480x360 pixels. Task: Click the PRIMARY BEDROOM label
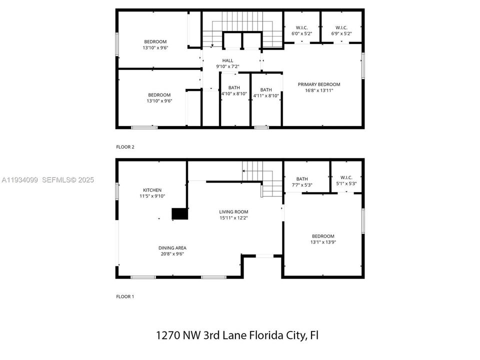click(x=319, y=84)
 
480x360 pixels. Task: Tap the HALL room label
click(x=227, y=60)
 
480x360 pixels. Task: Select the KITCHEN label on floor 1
click(x=152, y=190)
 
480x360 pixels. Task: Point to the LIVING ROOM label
click(x=233, y=211)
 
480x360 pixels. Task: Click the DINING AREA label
click(x=172, y=247)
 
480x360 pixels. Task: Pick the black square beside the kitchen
click(x=179, y=214)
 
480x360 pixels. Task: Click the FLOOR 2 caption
click(x=125, y=147)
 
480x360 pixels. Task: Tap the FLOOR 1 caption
click(x=125, y=296)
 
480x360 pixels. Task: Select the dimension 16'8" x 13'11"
click(x=319, y=90)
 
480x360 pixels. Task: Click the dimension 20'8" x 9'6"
click(x=172, y=253)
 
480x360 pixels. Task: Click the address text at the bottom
click(x=237, y=335)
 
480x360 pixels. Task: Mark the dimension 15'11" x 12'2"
click(x=233, y=217)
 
